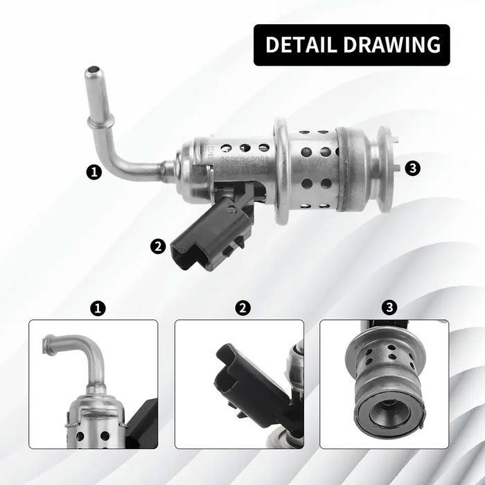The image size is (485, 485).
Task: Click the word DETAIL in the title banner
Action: point(301,45)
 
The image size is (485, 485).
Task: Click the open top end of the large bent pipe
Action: point(92,73)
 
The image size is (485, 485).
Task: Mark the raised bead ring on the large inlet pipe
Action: point(93,124)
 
